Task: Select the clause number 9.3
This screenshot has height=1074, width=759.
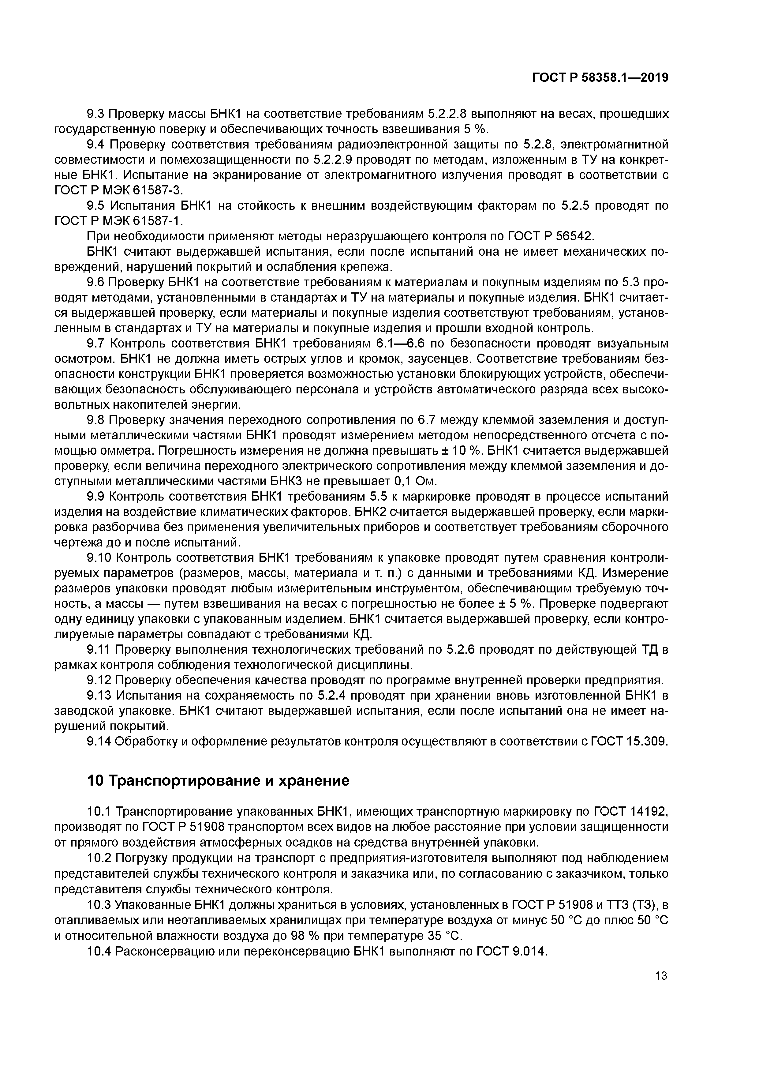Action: (x=97, y=114)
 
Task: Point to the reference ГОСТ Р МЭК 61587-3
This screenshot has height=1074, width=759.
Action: (x=119, y=190)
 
